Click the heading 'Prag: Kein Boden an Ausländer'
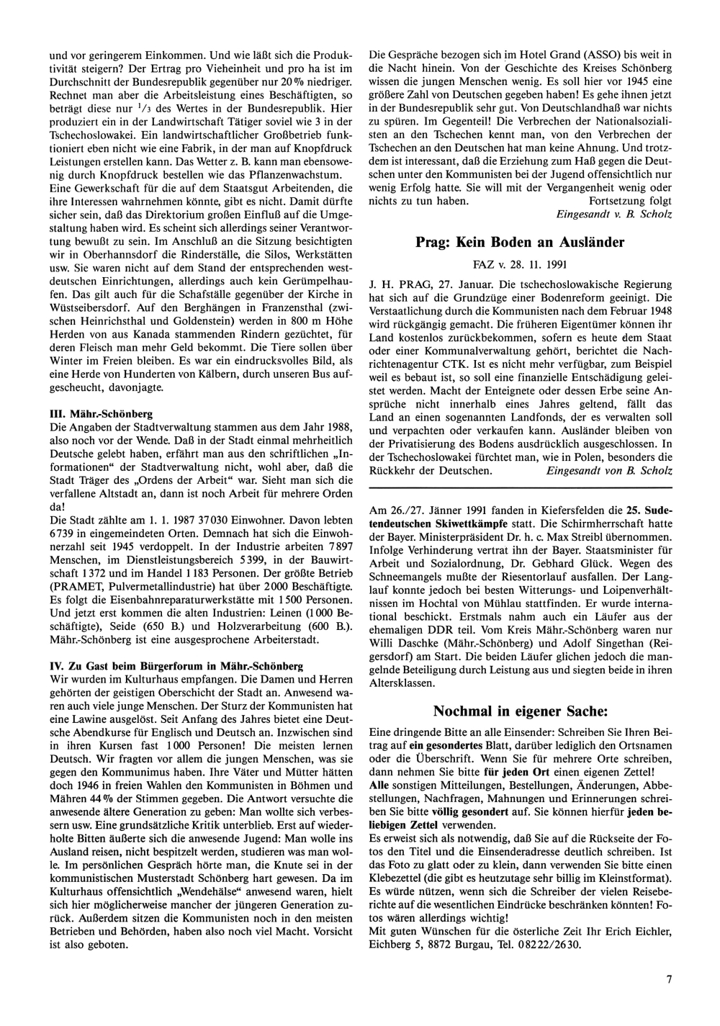(520, 243)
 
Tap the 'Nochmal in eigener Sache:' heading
(520, 711)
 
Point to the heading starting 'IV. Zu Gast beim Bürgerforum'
(176, 666)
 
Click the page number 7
(669, 978)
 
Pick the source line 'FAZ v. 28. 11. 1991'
(520, 264)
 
